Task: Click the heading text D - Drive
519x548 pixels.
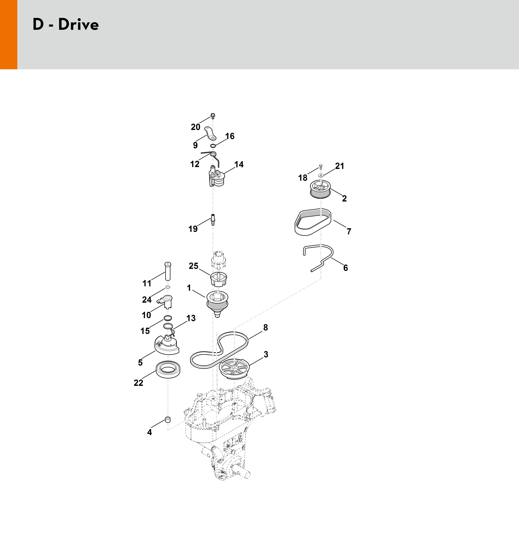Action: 66,24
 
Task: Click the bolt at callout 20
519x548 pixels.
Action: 213,116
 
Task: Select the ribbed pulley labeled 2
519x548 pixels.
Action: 320,189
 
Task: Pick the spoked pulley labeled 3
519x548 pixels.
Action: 234,370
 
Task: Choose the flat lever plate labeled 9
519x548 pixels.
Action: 211,133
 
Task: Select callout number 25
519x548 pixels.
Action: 193,266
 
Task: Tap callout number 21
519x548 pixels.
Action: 339,166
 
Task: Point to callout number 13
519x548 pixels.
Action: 191,318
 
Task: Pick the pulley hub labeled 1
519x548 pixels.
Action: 217,304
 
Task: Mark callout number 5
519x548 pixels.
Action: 140,362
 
